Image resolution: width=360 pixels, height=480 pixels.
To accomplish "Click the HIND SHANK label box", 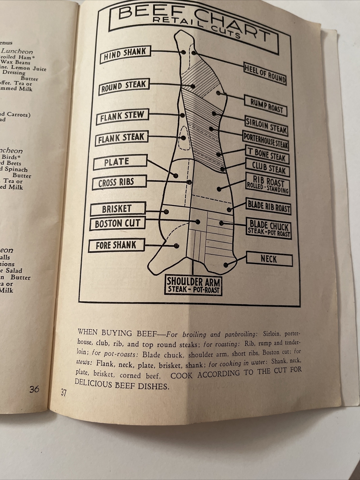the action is coord(125,54).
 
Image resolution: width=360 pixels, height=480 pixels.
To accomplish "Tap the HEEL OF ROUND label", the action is coord(265,73).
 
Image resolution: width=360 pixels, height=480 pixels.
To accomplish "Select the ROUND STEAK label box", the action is coord(123,87).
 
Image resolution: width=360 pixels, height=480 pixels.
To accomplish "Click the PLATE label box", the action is coord(120,162).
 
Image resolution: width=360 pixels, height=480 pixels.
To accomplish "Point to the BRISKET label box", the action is coord(118,209).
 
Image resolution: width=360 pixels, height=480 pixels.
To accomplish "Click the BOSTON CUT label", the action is coord(117,223).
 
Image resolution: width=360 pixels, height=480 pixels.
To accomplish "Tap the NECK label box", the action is coord(269,259).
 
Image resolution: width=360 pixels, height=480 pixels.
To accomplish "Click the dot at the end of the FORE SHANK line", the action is coord(177,246).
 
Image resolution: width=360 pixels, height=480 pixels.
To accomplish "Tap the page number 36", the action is coord(34,389).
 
